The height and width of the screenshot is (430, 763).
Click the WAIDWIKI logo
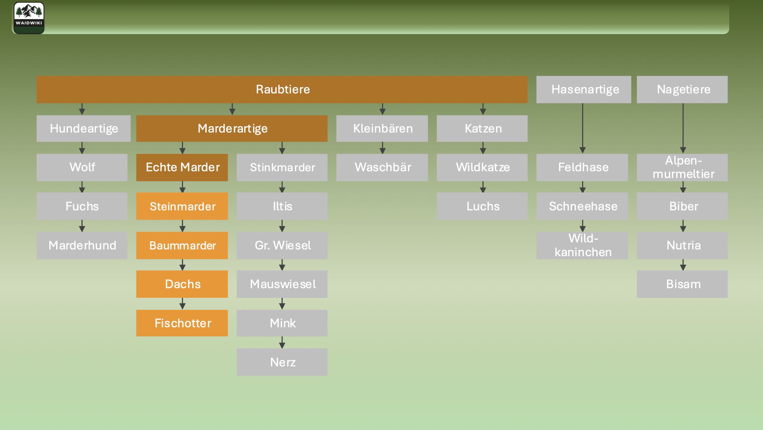29,18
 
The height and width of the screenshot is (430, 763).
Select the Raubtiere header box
282,90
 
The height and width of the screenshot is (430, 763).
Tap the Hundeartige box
83,129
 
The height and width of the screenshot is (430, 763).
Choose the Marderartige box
232,129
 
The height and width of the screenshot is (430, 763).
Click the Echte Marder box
182,167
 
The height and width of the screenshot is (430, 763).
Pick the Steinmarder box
182,206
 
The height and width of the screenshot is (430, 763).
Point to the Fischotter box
182,323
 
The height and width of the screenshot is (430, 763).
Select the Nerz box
282,362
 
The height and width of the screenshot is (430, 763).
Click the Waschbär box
382,167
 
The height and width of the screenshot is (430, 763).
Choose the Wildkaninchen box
582,246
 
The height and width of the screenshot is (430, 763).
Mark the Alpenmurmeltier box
682,167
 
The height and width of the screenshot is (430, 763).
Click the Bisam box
682,284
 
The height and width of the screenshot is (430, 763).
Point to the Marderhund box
82,246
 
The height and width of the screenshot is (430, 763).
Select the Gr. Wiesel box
282,246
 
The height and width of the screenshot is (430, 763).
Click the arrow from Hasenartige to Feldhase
583,128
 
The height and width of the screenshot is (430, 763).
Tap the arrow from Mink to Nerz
282,342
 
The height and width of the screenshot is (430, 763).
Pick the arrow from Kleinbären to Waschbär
383,148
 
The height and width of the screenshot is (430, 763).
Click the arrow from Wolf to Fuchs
82,187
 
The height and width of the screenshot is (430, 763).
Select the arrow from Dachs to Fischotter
182,303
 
